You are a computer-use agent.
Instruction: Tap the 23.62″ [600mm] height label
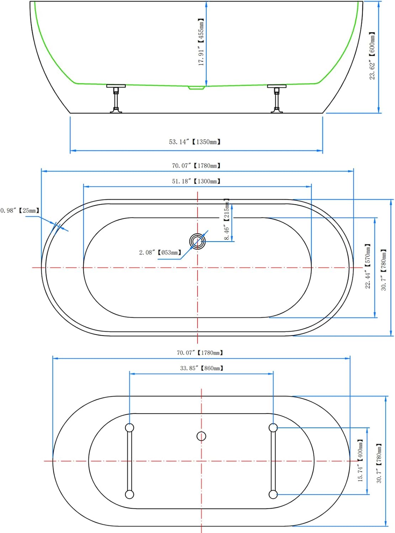[372, 56]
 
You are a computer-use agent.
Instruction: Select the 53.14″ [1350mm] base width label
[195, 142]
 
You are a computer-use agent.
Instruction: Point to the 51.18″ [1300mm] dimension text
[196, 181]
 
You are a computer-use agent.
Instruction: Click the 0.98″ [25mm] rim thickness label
[20, 211]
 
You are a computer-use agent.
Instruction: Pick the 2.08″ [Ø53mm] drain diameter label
[160, 252]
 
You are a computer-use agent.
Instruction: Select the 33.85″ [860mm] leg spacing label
[202, 368]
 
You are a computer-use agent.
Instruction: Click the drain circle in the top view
[197, 241]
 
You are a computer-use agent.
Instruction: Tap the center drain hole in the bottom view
[201, 436]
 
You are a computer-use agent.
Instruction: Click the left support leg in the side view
[116, 98]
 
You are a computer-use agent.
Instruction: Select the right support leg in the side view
[277, 98]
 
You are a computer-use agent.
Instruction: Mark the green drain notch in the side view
[197, 88]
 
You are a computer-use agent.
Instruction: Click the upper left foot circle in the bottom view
[130, 428]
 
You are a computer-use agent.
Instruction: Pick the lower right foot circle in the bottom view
[273, 494]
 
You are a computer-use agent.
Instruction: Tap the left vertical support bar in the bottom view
[130, 461]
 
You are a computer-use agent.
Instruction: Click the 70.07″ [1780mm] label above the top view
[196, 166]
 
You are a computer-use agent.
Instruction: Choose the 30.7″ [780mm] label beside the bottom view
[379, 463]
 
